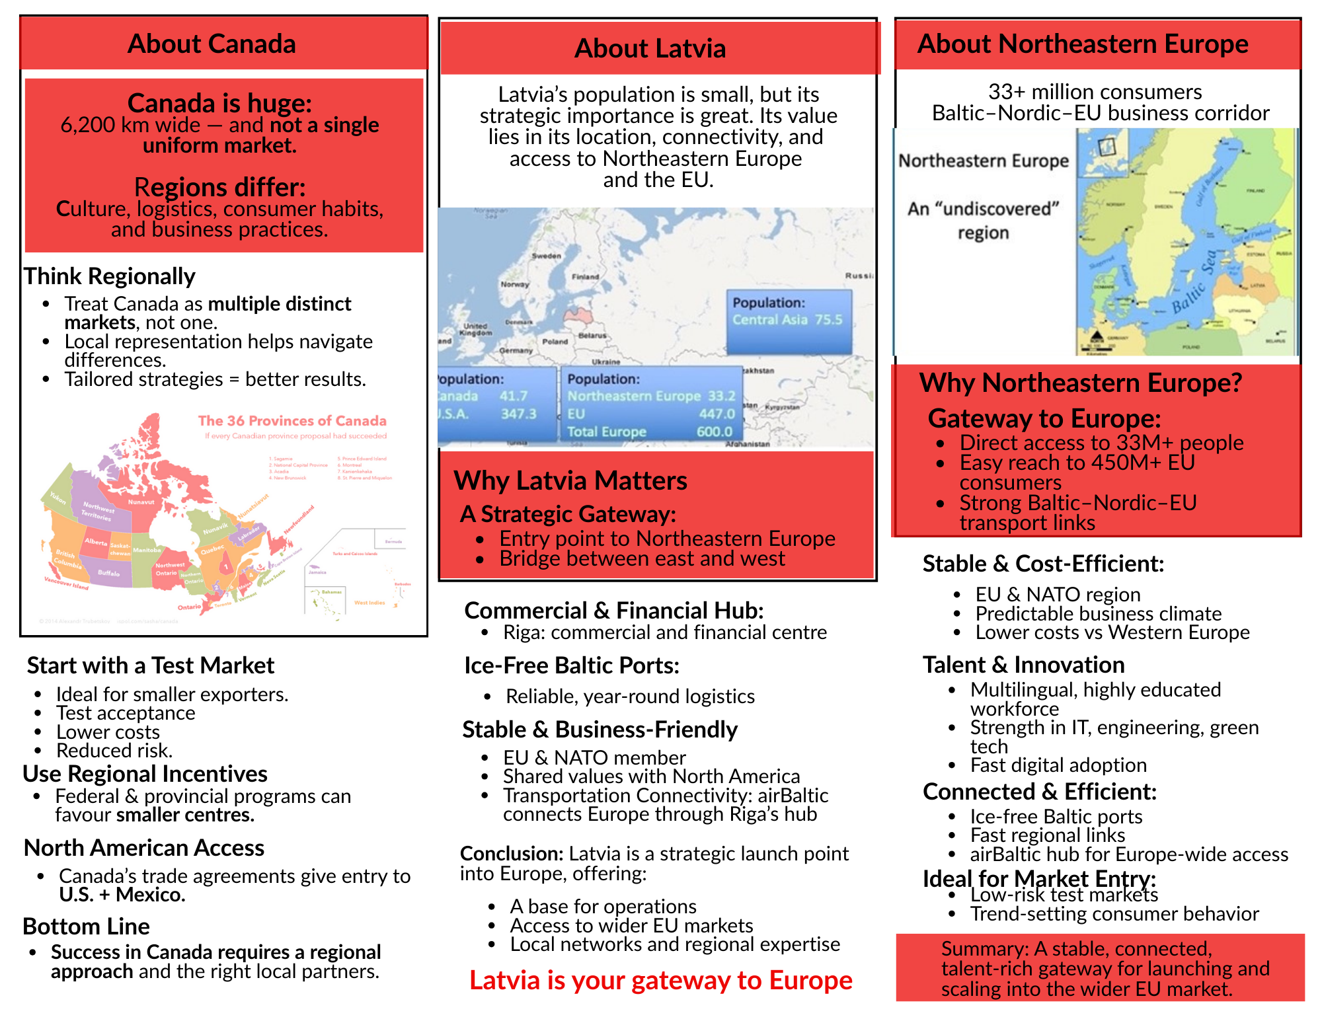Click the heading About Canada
point(212,44)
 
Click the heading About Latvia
point(650,49)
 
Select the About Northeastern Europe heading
point(1083,44)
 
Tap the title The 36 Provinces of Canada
point(292,421)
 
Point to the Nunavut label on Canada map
point(141,502)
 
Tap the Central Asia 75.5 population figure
point(787,320)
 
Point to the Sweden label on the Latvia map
point(547,256)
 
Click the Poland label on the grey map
point(555,342)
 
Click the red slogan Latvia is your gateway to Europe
point(660,981)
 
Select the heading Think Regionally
point(110,276)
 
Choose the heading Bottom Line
point(87,926)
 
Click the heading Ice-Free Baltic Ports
point(572,665)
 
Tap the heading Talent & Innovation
point(1023,665)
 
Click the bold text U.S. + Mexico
point(122,895)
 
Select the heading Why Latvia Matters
point(570,481)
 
